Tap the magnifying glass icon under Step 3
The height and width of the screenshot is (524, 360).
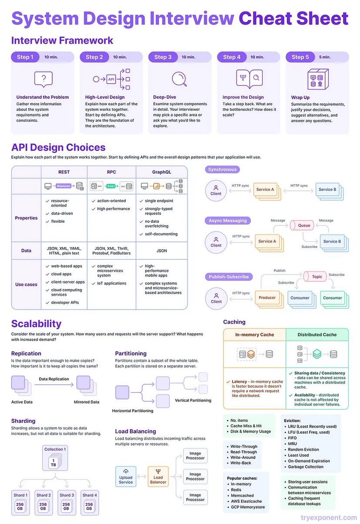[x=179, y=79]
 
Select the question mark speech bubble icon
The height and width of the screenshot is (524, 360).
[x=43, y=79]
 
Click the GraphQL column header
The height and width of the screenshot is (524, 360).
[x=161, y=172]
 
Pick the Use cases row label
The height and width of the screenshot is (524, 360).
[x=26, y=284]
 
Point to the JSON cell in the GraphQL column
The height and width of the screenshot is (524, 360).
[x=161, y=251]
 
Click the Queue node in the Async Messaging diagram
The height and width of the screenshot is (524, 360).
[x=304, y=226]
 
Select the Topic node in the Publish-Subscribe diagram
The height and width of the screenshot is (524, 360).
[x=317, y=276]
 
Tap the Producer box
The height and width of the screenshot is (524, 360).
[x=267, y=298]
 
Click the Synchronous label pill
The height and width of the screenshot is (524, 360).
[x=222, y=169]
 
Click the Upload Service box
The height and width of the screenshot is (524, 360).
[x=126, y=476]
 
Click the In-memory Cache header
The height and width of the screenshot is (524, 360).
[x=254, y=334]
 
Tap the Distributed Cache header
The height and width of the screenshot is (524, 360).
[x=317, y=334]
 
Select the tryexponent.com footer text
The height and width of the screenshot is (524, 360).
[x=328, y=518]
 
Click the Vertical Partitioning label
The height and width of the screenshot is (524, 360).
[x=193, y=400]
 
